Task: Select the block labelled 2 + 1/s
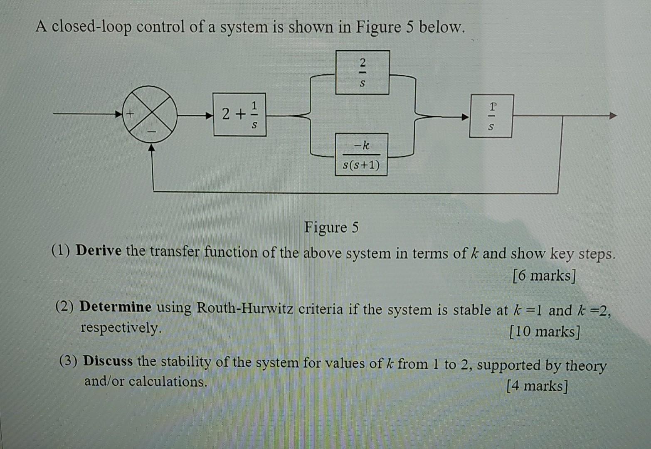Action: pos(239,114)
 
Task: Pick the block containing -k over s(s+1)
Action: pos(361,155)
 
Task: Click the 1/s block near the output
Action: pos(491,116)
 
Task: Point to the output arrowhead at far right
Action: pos(613,116)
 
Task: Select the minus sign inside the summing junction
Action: pos(151,131)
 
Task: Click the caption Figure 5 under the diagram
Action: pos(331,227)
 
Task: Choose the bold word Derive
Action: pos(99,251)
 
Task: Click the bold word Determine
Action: pos(116,307)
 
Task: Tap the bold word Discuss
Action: pos(108,361)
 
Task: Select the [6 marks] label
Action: pos(544,275)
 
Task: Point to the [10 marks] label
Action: pos(544,331)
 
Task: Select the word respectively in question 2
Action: pos(121,328)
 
